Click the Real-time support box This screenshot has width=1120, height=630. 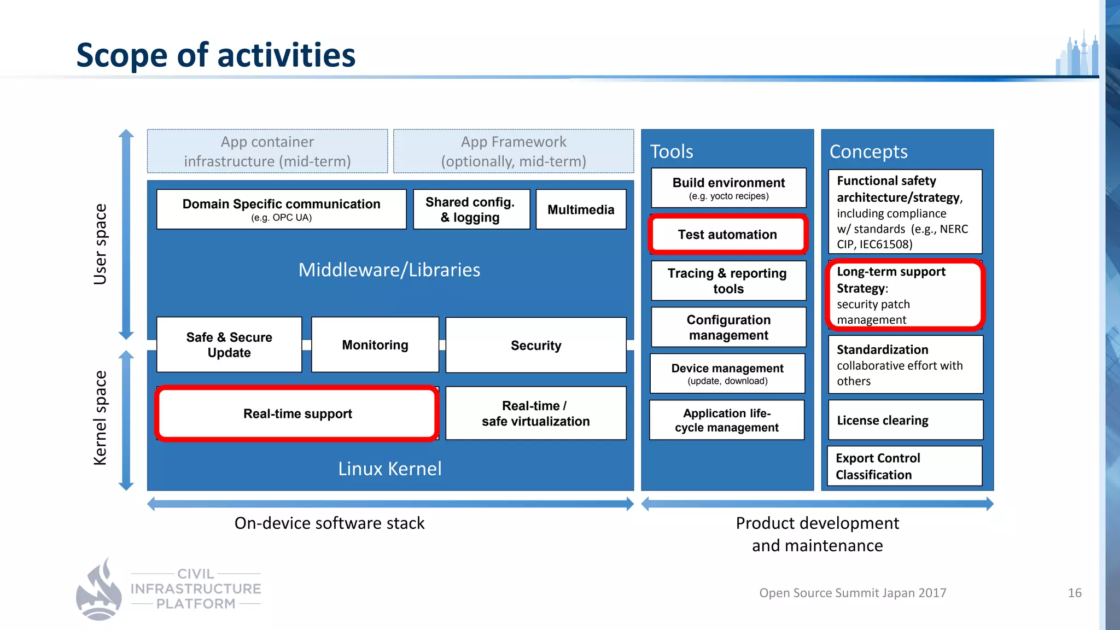point(297,413)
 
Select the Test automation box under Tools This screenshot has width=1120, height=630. point(727,235)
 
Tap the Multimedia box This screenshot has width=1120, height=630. point(581,209)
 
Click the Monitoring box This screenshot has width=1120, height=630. point(375,345)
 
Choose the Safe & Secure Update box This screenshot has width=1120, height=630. point(229,345)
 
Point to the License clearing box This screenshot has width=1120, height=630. point(905,420)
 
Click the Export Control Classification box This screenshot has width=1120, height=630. point(905,466)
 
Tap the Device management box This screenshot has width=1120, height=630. point(727,374)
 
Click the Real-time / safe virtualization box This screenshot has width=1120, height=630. point(536,413)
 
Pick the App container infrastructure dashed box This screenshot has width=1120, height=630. point(267,151)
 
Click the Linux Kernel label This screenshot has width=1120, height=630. point(389,469)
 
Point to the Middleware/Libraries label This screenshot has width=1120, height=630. point(389,270)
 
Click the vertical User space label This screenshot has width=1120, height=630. point(100,244)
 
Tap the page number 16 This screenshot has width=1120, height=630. point(1075,593)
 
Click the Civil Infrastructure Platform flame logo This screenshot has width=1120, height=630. point(99,591)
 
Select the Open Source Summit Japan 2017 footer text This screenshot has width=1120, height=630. point(853,593)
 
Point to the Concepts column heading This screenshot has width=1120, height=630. point(868,151)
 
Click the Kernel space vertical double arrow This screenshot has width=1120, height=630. point(126,420)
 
